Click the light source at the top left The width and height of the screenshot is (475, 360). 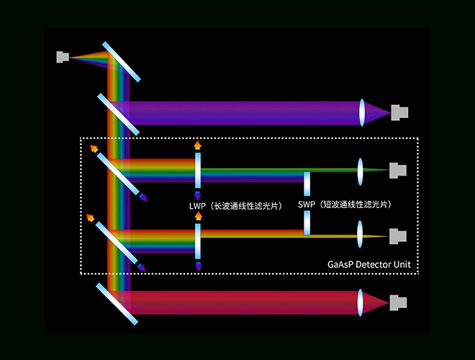[x=63, y=57]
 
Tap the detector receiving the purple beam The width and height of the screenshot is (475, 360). [x=399, y=113]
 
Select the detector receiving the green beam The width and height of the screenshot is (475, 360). [x=398, y=171]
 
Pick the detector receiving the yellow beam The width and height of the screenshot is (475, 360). [x=398, y=236]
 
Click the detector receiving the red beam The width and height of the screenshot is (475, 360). [x=398, y=302]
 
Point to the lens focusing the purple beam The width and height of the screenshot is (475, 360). [x=362, y=113]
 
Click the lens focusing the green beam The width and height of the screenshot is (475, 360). [x=360, y=171]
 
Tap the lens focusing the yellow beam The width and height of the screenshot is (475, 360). [x=360, y=234]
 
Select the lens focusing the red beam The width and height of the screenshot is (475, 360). [x=360, y=302]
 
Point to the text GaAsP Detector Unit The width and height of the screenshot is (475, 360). [x=369, y=264]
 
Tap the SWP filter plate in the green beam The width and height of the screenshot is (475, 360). [x=307, y=184]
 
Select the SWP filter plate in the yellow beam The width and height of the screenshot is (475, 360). [x=307, y=222]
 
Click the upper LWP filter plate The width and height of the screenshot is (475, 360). [x=198, y=171]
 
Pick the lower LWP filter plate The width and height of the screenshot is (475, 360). [x=198, y=241]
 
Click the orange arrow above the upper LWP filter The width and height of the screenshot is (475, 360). [x=197, y=145]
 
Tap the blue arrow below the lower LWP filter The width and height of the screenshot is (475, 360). [x=198, y=266]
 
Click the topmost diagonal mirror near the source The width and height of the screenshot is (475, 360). [x=122, y=62]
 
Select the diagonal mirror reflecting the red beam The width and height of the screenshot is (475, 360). [x=117, y=304]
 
